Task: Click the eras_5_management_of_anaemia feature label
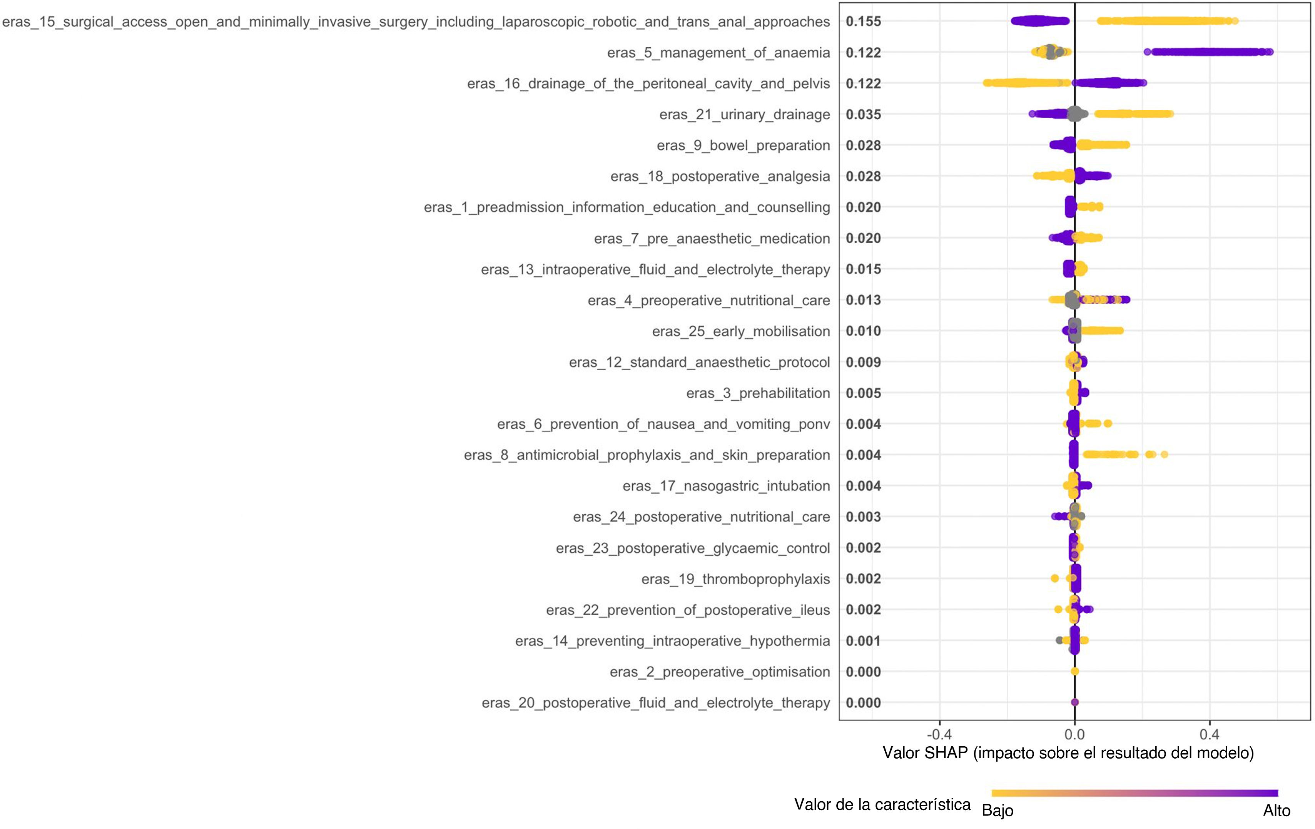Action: click(718, 53)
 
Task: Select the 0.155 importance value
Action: click(863, 22)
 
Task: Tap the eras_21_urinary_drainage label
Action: click(744, 115)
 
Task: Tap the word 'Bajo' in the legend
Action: click(997, 811)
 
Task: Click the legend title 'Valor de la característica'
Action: click(882, 804)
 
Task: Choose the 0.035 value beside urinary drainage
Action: click(863, 115)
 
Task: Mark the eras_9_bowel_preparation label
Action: click(743, 146)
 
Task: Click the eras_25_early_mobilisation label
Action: click(740, 331)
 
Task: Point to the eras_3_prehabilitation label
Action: click(758, 393)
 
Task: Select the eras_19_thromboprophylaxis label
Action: click(735, 579)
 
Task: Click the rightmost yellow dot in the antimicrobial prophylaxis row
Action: click(1164, 455)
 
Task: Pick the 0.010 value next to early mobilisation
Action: click(863, 331)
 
